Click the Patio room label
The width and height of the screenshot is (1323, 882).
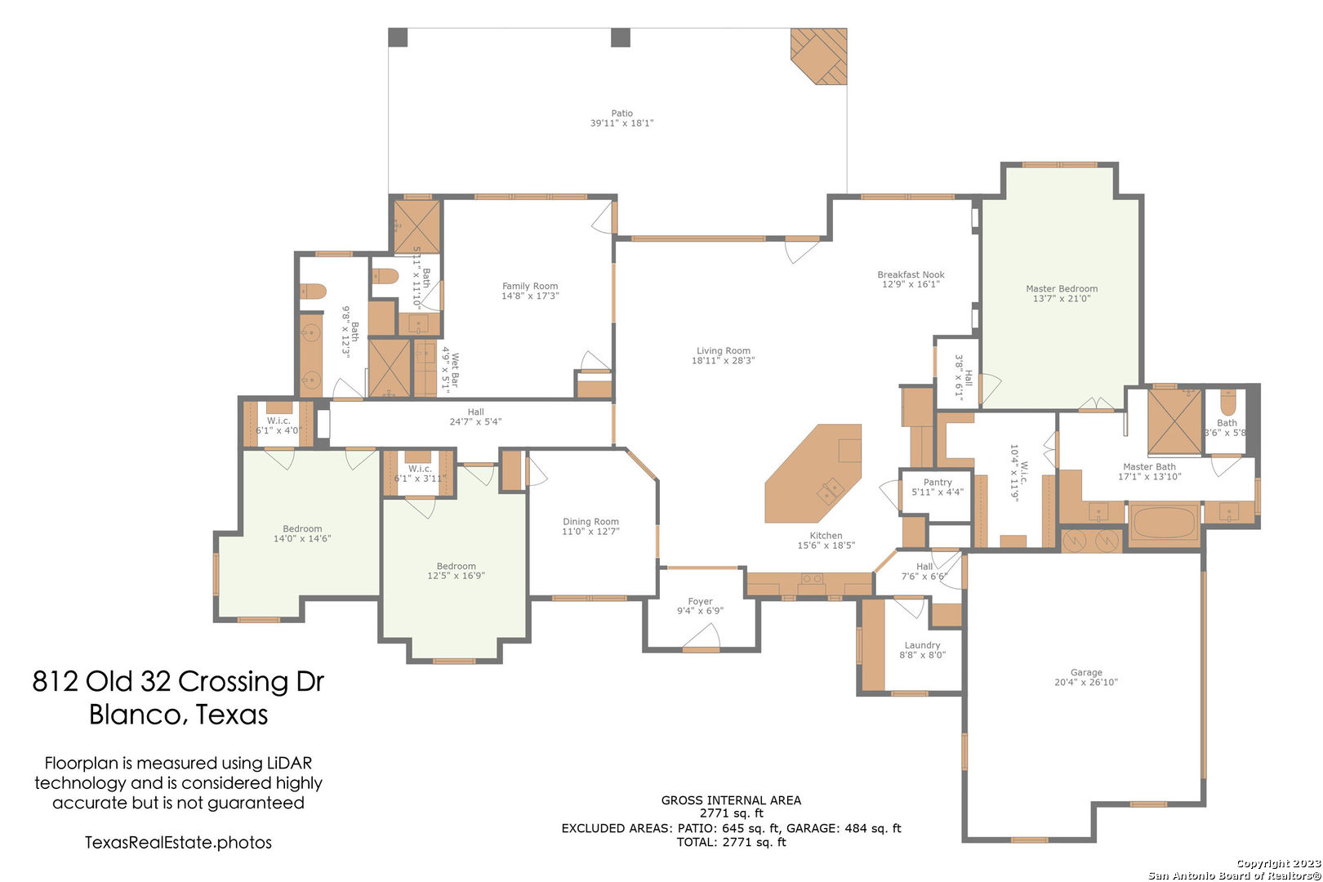(621, 113)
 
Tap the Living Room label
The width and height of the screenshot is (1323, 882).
(723, 350)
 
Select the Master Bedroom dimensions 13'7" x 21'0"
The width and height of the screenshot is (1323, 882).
(1062, 298)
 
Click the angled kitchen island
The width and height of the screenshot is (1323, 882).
(813, 473)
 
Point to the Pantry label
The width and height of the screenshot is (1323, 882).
(938, 482)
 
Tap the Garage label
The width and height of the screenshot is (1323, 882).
(1086, 672)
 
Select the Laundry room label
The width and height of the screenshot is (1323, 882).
(922, 645)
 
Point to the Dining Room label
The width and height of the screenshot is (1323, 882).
(590, 522)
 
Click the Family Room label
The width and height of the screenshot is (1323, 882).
(530, 286)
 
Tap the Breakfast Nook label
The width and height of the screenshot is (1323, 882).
(911, 274)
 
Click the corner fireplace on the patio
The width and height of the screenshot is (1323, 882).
(820, 56)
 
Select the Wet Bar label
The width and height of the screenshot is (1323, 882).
(455, 370)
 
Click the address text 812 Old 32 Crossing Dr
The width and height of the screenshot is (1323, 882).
(178, 681)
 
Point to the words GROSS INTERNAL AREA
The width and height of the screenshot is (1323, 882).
(731, 800)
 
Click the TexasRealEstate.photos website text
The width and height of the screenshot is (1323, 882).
(178, 843)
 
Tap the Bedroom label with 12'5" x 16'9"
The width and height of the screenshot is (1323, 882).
(456, 566)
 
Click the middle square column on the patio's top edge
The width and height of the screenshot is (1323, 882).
(620, 38)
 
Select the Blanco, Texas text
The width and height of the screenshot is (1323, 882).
(178, 715)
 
